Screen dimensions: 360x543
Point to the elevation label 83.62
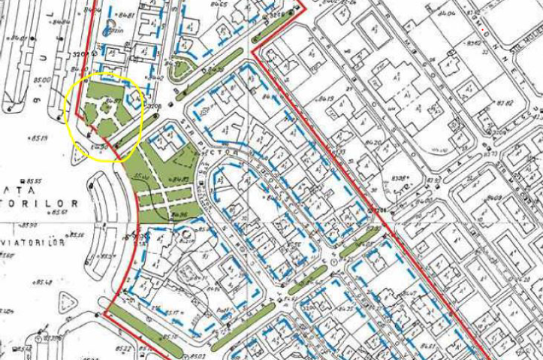tap(474, 43)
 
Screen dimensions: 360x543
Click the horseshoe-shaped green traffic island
tap(179, 69)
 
